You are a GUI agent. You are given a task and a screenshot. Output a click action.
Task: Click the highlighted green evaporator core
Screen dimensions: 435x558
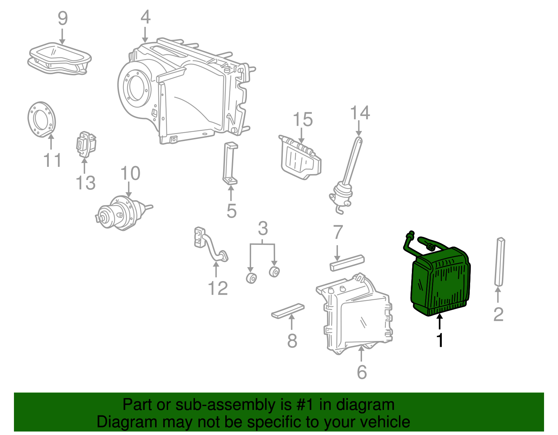click(x=441, y=282)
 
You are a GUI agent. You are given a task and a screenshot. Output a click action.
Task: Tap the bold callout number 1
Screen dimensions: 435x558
click(x=440, y=340)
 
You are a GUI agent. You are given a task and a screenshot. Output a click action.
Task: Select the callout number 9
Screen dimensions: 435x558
click(x=62, y=18)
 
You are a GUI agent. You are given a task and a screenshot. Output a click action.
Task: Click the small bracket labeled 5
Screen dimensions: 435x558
click(x=230, y=164)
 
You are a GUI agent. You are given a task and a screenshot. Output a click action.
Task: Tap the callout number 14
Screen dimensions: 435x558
click(x=360, y=113)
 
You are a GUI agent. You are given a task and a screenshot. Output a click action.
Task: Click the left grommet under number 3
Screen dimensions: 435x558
click(x=251, y=278)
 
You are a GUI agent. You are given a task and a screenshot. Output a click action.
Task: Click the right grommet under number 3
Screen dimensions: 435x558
click(x=274, y=272)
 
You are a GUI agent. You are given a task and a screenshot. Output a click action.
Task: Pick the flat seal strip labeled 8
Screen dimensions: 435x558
click(x=288, y=311)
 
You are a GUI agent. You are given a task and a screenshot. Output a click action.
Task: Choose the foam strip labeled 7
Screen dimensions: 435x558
click(x=347, y=263)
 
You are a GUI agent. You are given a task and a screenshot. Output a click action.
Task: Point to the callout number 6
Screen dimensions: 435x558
click(x=362, y=372)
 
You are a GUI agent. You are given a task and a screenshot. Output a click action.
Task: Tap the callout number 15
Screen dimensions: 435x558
click(x=302, y=120)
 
